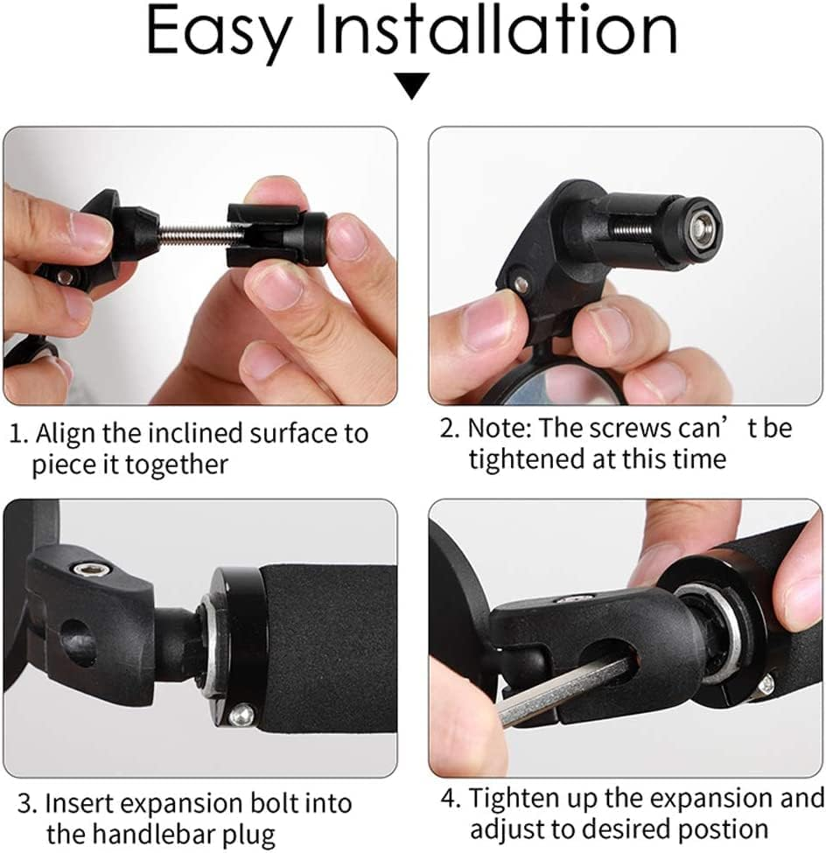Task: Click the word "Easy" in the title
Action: [220, 32]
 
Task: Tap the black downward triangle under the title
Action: [412, 86]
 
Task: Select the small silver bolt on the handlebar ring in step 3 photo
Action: [241, 715]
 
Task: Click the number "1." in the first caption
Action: [19, 435]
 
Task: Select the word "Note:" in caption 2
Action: [500, 428]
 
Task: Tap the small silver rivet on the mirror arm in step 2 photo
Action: [521, 283]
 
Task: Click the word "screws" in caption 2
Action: [631, 429]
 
